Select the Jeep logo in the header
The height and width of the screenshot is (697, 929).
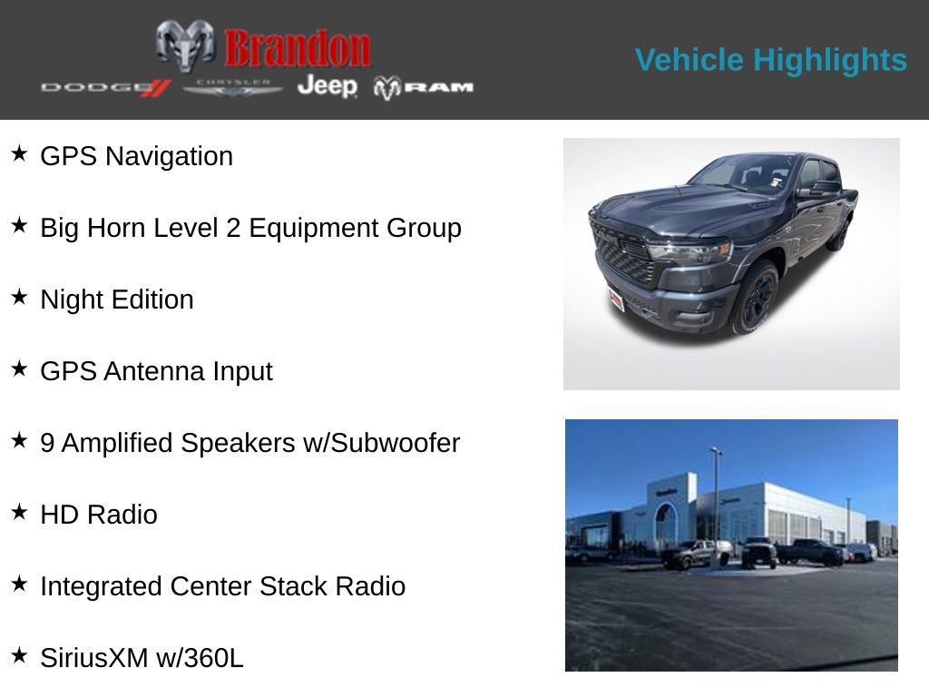(327, 86)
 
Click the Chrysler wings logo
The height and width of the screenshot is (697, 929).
(233, 87)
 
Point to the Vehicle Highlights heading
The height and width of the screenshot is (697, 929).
(770, 60)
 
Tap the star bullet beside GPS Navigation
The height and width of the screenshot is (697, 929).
(19, 154)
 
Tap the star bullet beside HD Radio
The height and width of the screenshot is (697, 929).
(19, 513)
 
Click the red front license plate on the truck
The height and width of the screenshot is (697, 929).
(617, 299)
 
